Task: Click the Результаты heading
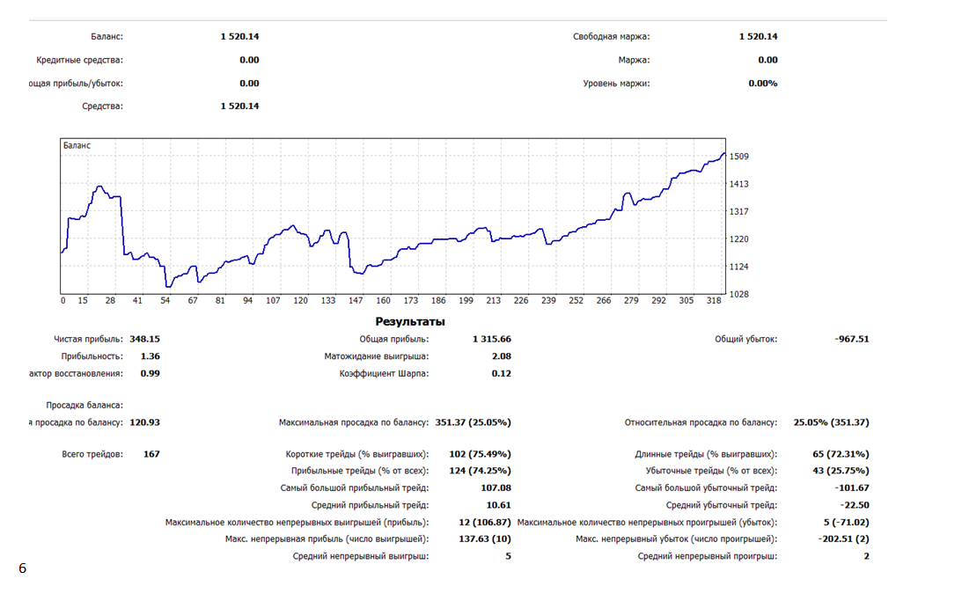coord(410,321)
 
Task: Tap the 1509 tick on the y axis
coord(738,157)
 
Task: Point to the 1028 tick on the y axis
coord(738,294)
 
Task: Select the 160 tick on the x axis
coord(383,300)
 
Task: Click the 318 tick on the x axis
coord(713,300)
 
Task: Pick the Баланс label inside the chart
coord(77,145)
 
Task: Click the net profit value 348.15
coord(144,339)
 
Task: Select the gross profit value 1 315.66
coord(491,339)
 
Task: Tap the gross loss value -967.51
coord(851,339)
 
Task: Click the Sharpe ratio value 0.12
coord(501,373)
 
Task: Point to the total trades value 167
coord(151,454)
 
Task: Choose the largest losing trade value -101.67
coord(850,488)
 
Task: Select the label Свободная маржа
coord(611,37)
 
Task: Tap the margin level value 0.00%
coord(762,84)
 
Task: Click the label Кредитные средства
coord(80,60)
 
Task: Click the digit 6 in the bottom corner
coord(23,568)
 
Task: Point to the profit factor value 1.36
coord(150,356)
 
